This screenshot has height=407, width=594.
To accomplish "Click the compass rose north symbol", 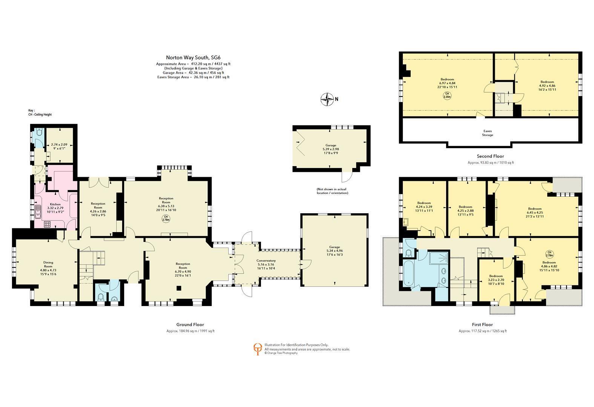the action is coord(327,99).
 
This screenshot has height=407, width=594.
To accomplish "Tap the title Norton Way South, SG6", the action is coord(193,58).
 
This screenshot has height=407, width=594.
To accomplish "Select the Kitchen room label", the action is coord(55,204).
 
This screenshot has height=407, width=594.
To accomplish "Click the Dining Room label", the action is coord(48,264).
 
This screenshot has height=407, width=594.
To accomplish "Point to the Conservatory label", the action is coord(266,260).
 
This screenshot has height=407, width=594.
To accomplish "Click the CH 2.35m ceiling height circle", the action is coord(447,95).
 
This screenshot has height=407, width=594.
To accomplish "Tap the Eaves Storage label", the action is coord(487,133).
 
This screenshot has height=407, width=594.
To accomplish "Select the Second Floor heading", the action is coord(490,156).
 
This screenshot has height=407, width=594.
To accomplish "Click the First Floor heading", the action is coord(482,324).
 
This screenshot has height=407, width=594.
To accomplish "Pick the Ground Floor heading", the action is coord(190,324).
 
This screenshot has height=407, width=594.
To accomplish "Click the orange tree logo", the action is coord(258,349).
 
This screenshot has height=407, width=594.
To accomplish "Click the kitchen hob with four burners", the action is coord(47,225).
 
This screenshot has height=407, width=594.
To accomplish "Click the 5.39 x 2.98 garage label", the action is coord(331,149).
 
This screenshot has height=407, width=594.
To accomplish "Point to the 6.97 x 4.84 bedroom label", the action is coord(447,83).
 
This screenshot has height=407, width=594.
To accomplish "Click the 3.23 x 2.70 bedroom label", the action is coord(496,280).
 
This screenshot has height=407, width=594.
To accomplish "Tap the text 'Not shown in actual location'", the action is coord(332,191).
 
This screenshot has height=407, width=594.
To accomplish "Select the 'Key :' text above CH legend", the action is coord(32,110).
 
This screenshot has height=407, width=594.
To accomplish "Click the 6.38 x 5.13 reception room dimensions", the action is coord(166,206).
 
